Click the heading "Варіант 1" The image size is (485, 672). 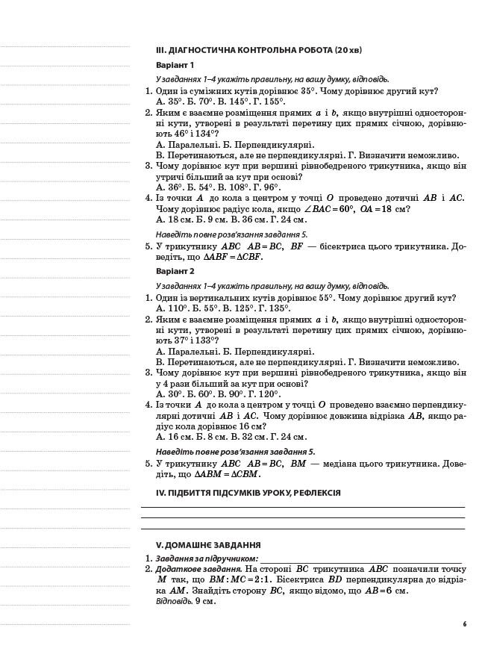point(175,65)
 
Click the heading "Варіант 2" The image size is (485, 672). point(175,271)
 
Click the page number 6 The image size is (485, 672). point(463,624)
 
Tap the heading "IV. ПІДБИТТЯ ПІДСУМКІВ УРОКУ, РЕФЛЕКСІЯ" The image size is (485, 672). point(248,493)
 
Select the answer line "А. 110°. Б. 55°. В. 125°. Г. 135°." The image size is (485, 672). point(222,308)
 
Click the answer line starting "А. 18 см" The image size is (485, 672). point(231,220)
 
